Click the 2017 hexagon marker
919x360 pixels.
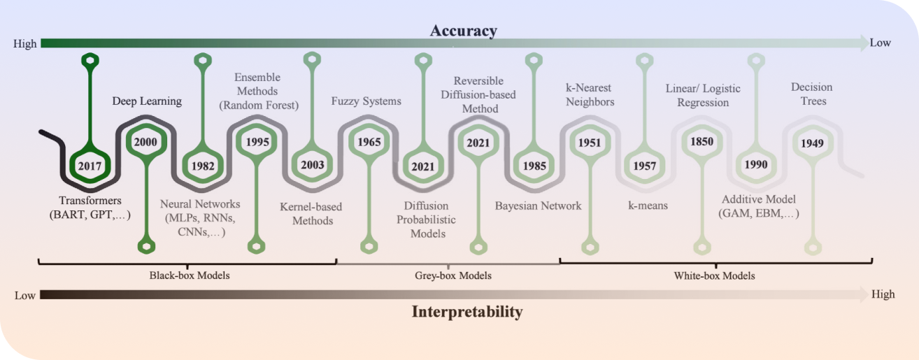90,166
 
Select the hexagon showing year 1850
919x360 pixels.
701,142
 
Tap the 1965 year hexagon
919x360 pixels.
369,142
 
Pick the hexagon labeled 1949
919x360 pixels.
812,143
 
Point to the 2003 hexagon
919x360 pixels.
312,166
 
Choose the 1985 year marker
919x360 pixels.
535,166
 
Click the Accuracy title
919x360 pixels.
463,30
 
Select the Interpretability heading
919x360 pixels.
466,312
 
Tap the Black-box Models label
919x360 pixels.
190,275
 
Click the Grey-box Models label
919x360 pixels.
448,275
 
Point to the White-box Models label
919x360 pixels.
714,275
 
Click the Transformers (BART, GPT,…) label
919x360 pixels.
90,208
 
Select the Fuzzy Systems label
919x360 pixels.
366,101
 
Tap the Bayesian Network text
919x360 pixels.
538,206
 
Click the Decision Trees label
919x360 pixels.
812,94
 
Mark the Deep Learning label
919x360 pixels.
147,101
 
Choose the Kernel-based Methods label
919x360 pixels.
306,214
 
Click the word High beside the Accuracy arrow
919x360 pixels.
25,43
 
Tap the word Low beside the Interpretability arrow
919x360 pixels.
25,295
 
